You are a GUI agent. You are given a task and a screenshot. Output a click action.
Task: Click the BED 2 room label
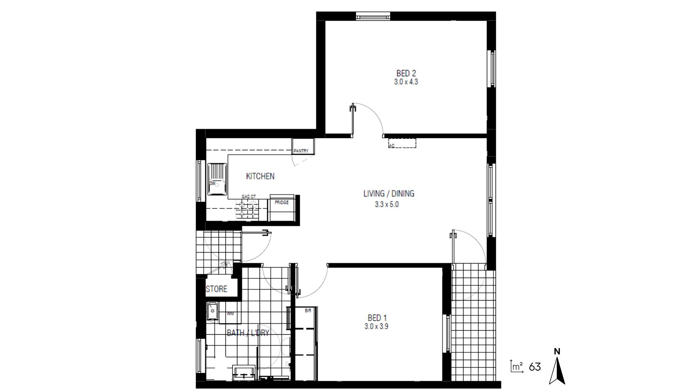(406, 73)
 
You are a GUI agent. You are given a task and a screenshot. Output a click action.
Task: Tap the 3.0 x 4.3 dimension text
(406, 82)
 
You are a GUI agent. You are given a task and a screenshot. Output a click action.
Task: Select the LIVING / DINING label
(388, 193)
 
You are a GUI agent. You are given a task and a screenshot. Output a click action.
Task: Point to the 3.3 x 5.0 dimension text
(387, 204)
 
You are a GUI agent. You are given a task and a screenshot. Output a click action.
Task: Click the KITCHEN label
(260, 176)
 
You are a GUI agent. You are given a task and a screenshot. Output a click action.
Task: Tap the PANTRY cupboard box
(303, 147)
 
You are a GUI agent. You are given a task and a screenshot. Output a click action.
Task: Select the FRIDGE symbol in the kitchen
(282, 208)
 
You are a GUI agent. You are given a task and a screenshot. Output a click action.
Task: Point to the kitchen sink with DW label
(217, 180)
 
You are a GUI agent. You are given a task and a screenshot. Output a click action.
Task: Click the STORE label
(216, 289)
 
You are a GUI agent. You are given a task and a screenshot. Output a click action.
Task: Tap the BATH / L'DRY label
(248, 333)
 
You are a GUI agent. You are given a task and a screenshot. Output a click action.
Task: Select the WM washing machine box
(230, 314)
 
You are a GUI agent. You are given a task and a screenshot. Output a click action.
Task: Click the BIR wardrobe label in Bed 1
(308, 311)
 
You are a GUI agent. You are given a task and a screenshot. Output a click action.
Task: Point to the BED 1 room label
(376, 318)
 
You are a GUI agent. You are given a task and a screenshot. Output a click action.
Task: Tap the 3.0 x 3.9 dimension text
(376, 326)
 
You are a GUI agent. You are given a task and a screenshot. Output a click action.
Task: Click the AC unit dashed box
(402, 143)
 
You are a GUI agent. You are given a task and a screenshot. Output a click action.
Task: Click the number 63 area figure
(535, 367)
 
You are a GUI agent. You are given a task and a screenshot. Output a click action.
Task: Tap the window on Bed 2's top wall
(373, 16)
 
